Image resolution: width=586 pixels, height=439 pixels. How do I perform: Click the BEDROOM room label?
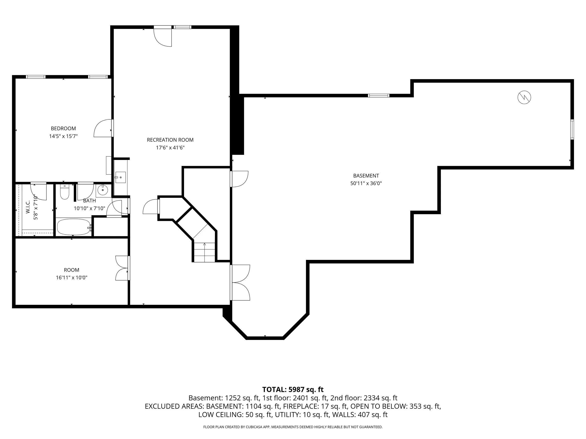click(63, 128)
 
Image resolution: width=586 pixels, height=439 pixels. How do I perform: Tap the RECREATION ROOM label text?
click(170, 140)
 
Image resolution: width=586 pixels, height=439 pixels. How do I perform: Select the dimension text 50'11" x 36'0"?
click(366, 183)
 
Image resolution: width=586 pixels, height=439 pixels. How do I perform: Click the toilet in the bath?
click(65, 192)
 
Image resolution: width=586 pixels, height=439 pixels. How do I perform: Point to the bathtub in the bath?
click(74, 227)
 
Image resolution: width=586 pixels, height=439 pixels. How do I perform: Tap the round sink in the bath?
click(102, 190)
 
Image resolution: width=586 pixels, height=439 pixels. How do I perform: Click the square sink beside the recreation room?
click(120, 177)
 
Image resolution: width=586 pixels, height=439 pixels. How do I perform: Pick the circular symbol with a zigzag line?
click(524, 97)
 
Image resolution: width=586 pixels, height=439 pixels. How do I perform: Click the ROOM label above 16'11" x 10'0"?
click(71, 270)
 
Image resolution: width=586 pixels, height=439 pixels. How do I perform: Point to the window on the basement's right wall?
click(572, 129)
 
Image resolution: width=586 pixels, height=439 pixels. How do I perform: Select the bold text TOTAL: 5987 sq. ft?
click(293, 390)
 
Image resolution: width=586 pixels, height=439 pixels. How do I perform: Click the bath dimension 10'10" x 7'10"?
click(90, 209)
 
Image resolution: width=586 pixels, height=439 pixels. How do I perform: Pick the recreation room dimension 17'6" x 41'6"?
click(170, 148)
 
